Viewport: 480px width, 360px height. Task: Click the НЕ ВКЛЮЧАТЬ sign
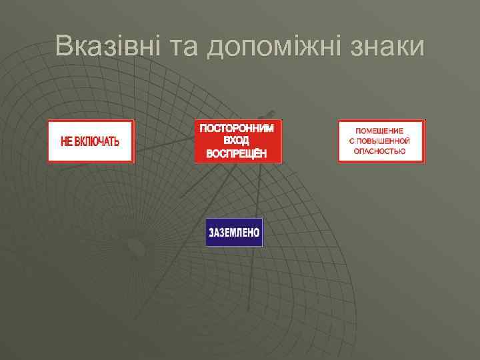pyautogui.click(x=91, y=141)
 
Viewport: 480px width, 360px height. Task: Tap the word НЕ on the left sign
pyautogui.click(x=67, y=142)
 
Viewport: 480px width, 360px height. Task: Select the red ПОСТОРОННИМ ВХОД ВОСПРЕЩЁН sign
pyautogui.click(x=239, y=141)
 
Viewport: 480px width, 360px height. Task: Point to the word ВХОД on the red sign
pyautogui.click(x=238, y=141)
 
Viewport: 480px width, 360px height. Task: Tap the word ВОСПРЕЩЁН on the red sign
pyautogui.click(x=238, y=153)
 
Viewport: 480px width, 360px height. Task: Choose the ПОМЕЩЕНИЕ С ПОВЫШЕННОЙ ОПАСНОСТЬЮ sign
pyautogui.click(x=381, y=141)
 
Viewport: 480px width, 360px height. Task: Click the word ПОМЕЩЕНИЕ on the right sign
pyautogui.click(x=381, y=130)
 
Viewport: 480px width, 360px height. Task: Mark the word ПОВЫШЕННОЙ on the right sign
pyautogui.click(x=385, y=141)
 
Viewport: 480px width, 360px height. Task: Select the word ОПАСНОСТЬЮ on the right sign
pyautogui.click(x=381, y=152)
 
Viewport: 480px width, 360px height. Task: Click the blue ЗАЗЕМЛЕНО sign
pyautogui.click(x=234, y=233)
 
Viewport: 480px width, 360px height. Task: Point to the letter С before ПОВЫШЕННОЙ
pyautogui.click(x=352, y=141)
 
